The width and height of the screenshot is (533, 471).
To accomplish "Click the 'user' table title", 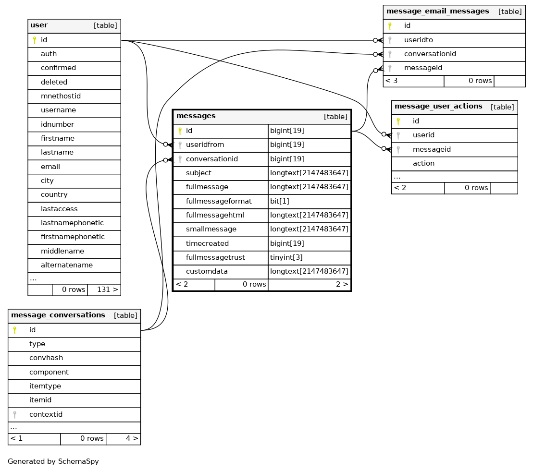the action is (x=39, y=25).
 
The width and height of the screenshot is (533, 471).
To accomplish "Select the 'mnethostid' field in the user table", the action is (x=61, y=96).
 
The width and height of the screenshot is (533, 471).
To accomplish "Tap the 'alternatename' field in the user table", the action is (x=67, y=265).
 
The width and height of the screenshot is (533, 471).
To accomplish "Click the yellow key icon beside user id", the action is (x=34, y=40).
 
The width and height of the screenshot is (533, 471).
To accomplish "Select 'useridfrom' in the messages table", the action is (x=205, y=145).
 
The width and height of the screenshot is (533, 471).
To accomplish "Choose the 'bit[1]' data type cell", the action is (x=280, y=201).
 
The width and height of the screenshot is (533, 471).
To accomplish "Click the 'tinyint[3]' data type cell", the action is (x=286, y=257).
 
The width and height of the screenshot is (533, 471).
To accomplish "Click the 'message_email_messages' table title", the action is (x=437, y=11).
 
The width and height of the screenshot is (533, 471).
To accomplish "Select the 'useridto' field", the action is (x=419, y=40).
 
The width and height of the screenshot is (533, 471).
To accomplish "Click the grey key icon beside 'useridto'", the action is (x=390, y=40).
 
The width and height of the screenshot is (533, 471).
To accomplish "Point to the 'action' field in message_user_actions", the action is (x=423, y=163).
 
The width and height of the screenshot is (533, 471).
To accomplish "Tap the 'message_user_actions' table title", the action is (x=438, y=106).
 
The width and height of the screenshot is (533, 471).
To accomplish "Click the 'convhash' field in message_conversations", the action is (x=46, y=358).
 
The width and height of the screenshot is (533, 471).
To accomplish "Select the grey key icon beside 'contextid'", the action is (x=14, y=414).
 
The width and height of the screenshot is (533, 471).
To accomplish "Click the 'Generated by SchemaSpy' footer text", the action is (x=53, y=461).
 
